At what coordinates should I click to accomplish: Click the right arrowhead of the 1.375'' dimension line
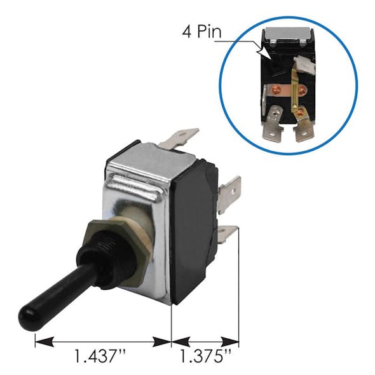click(235, 342)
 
